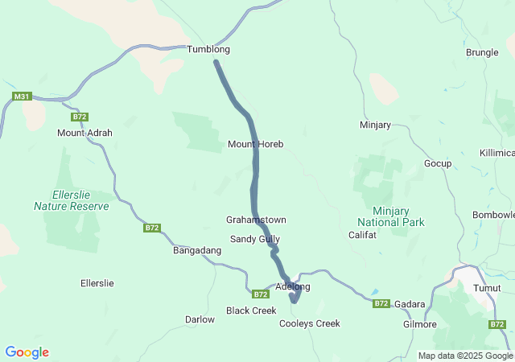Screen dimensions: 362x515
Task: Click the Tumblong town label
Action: [208, 49]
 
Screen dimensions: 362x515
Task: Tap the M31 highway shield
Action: [22, 97]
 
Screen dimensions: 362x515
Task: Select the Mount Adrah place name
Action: [84, 133]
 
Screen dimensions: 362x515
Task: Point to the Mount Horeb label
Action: [255, 144]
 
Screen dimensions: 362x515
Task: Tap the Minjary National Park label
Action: [391, 216]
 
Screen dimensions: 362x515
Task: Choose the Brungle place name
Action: [482, 52]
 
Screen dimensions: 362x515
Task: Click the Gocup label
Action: [438, 163]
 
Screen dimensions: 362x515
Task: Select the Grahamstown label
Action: [256, 220]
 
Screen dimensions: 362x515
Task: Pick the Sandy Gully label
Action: [255, 239]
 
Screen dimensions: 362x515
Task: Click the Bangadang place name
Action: [197, 251]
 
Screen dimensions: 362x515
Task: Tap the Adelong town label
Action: [292, 286]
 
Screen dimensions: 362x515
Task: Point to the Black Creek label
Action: [251, 311]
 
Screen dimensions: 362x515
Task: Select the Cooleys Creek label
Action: [310, 323]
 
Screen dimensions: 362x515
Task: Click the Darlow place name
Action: [200, 319]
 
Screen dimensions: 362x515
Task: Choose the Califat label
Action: [362, 235]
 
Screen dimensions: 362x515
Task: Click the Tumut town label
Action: [486, 288]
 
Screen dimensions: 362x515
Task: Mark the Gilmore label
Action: [419, 324]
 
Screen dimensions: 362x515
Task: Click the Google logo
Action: [27, 352]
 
